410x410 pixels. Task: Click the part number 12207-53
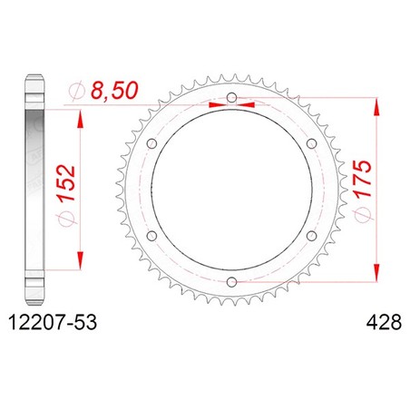[x=54, y=322]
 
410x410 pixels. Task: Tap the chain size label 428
[x=384, y=322]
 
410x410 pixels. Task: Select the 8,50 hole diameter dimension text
[x=114, y=91]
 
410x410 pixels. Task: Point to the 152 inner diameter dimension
[x=65, y=183]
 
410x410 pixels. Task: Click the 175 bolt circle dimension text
[x=363, y=179]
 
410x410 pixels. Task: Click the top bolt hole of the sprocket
[x=231, y=98]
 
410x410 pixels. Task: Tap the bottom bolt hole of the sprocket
[x=231, y=282]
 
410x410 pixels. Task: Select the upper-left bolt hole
[x=151, y=143]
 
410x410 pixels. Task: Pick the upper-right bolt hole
[x=311, y=143]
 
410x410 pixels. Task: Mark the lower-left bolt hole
[x=151, y=236]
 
